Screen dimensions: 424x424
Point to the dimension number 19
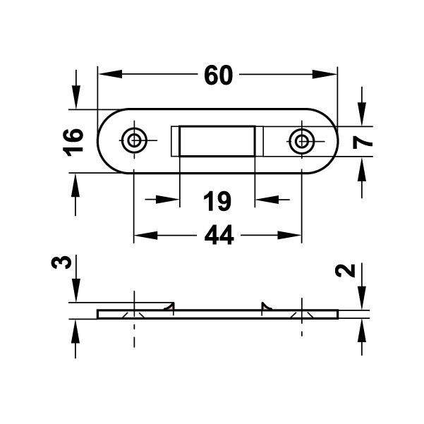click(x=217, y=201)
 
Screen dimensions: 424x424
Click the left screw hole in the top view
click(x=133, y=140)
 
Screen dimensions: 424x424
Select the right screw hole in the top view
click(x=302, y=141)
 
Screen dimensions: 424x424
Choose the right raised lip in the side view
click(x=266, y=306)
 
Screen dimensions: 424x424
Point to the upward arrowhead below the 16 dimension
click(x=75, y=181)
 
